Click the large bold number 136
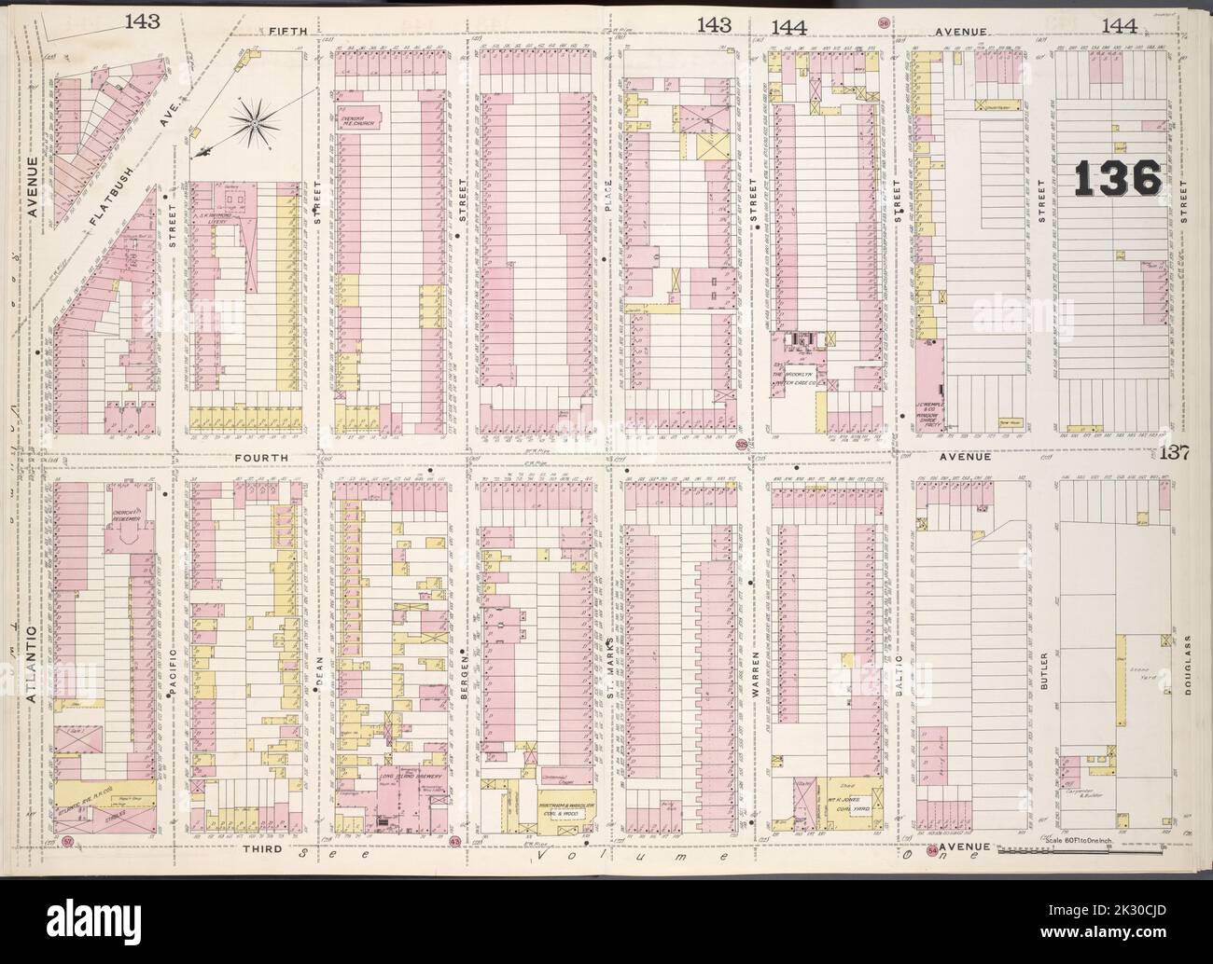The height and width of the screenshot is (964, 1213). click(1116, 176)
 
